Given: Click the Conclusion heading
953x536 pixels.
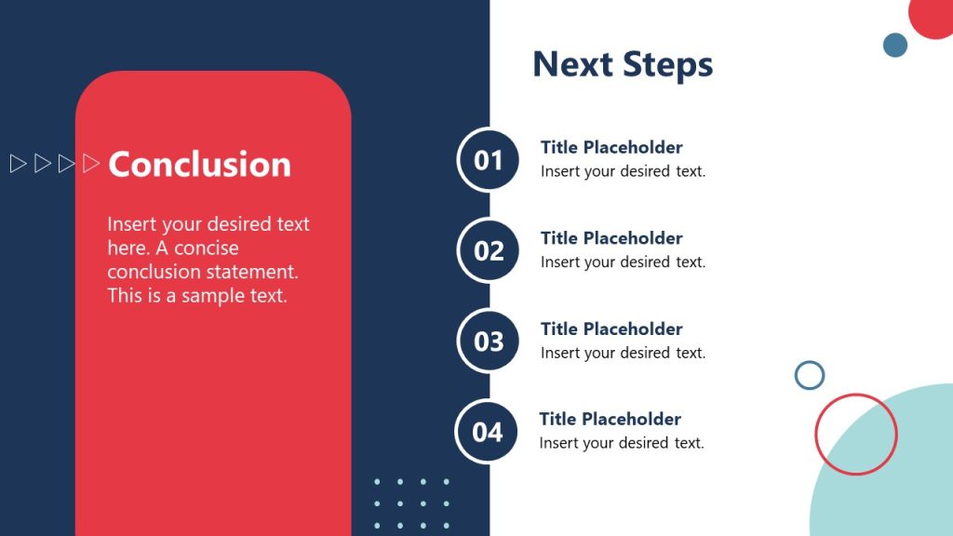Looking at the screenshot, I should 199,164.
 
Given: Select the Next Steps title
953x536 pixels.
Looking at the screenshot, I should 623,64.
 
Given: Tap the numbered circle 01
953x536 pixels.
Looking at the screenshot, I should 489,160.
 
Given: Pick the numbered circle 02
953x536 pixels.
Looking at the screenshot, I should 489,251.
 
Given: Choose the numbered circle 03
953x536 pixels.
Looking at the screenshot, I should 489,342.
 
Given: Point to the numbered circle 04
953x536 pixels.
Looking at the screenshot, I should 488,432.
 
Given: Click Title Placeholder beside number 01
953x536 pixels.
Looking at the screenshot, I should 611,147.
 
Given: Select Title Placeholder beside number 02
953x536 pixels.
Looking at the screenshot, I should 611,238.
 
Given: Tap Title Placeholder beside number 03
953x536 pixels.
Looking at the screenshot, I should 611,328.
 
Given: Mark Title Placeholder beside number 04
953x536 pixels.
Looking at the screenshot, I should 610,419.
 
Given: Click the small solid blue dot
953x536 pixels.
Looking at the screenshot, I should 895,45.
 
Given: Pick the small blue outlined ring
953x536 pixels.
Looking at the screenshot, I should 810,375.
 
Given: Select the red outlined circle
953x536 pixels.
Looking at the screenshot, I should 855,435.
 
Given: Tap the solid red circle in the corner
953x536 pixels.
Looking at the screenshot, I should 933,15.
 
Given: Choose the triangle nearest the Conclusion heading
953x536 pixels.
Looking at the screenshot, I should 91,164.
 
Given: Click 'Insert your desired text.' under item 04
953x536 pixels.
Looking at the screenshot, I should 622,443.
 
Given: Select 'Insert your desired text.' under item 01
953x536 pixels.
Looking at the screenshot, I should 623,171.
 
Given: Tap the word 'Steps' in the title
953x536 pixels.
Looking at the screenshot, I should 667,64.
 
